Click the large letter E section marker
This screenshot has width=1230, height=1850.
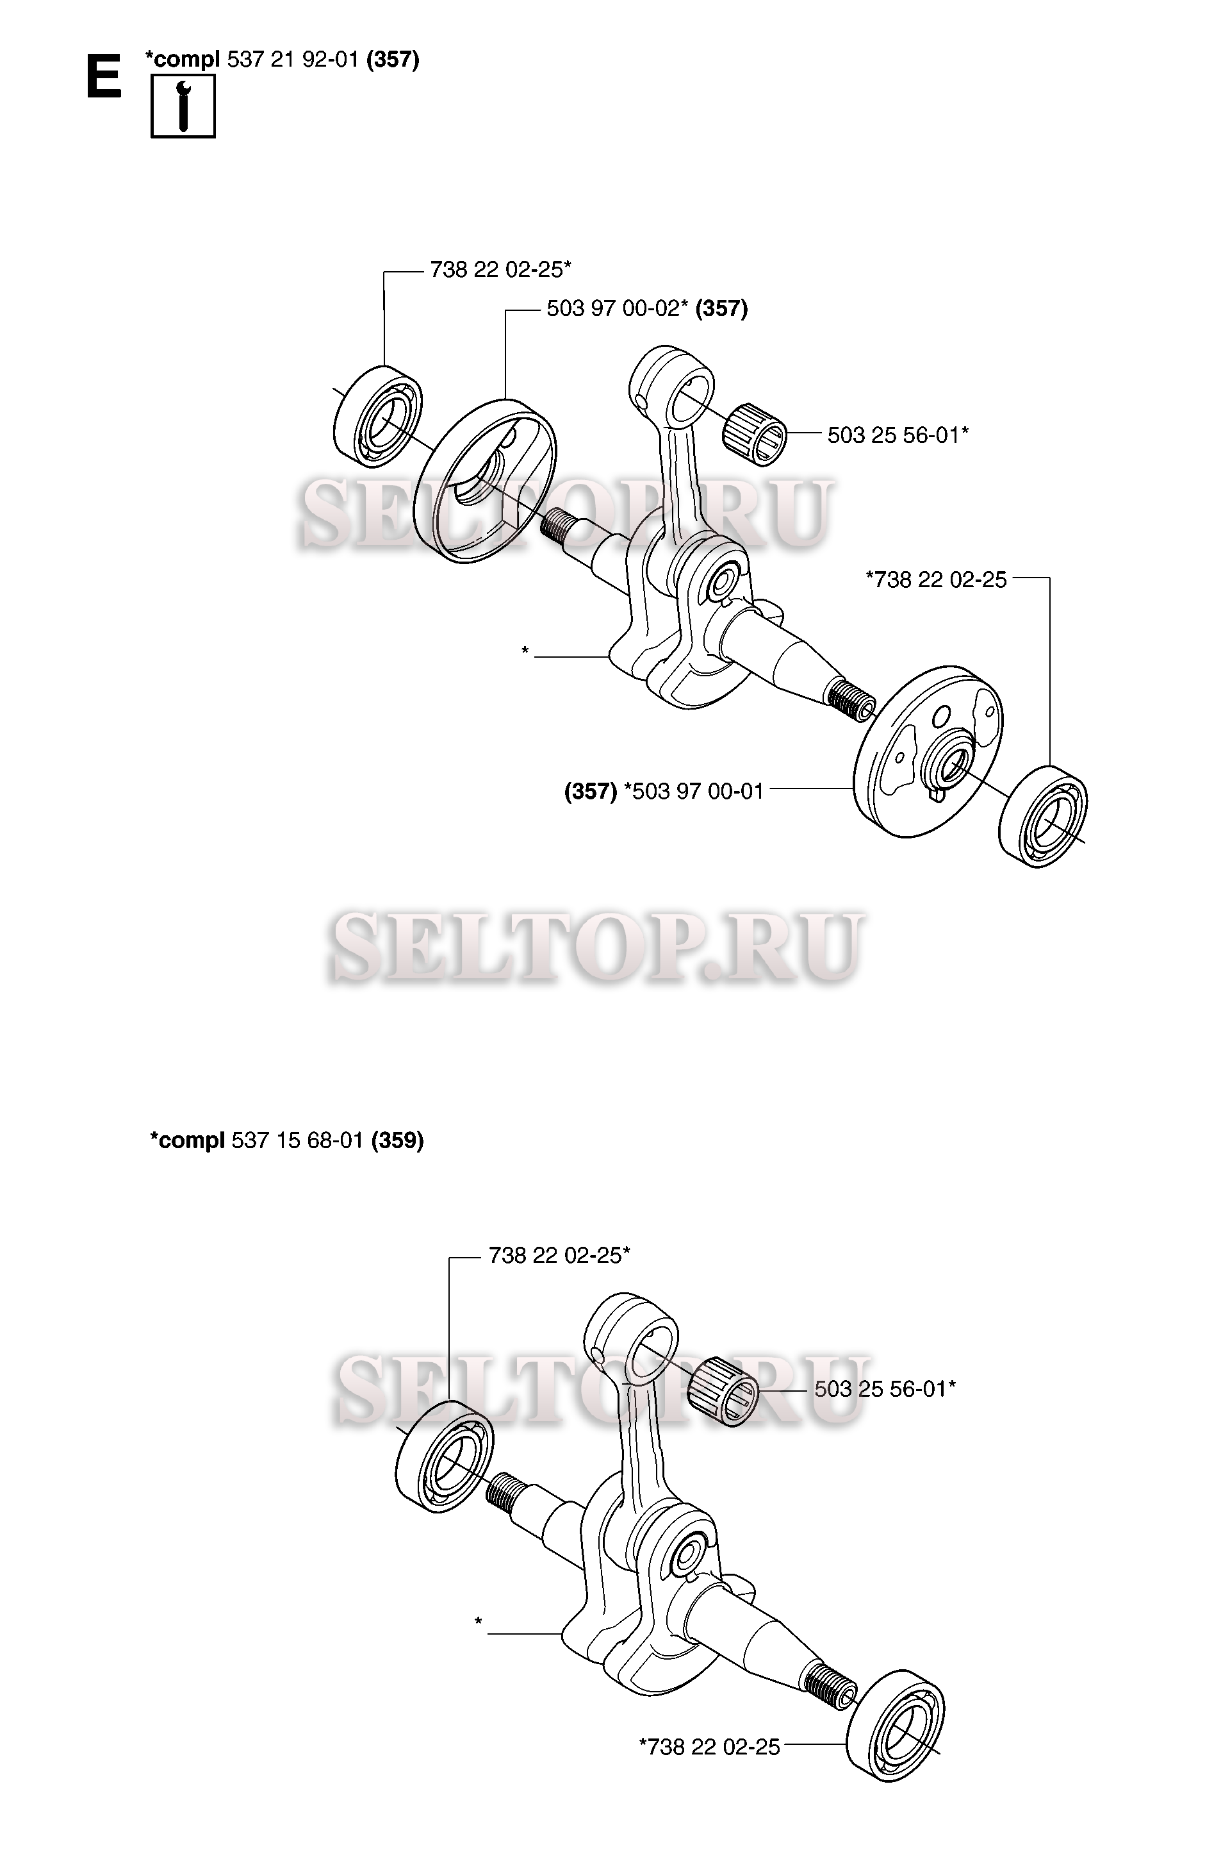104,76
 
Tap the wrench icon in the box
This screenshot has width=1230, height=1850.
183,106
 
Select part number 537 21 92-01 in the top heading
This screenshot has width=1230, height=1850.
293,60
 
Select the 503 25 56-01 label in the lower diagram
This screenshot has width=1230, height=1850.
885,1389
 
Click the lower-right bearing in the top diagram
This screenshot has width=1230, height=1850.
1044,816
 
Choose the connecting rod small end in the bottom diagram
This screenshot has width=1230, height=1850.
632,1332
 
